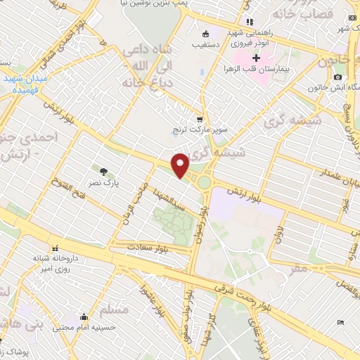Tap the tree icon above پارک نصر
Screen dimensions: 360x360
[103, 170]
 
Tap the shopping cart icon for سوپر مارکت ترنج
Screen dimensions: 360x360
[200, 119]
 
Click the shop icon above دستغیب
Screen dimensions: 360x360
[205, 33]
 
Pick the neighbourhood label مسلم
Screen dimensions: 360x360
[115, 309]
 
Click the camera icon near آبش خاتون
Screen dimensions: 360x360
[338, 77]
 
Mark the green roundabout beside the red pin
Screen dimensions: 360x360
[205, 182]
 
